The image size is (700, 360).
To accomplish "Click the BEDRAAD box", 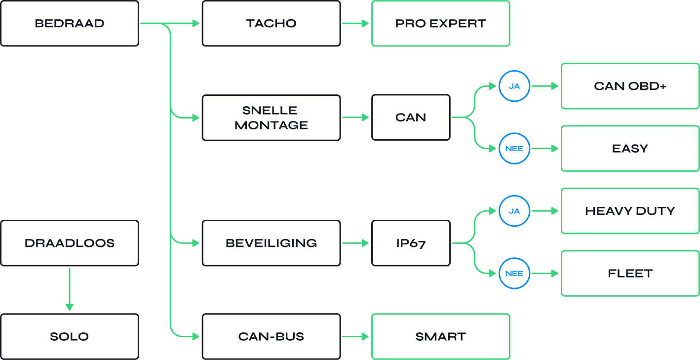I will coord(70,24).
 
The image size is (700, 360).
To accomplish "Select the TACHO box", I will coord(271,24).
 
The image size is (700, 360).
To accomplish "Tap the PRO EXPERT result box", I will coord(440,24).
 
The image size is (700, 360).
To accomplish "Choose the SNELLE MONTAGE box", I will coord(271,118).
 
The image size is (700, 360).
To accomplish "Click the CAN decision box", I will coord(411,118).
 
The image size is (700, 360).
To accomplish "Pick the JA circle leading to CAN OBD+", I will coord(514,86).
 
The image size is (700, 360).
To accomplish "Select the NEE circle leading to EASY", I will coord(514,148).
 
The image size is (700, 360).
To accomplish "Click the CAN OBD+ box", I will coord(630,86).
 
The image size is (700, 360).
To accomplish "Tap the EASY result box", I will coord(630,148).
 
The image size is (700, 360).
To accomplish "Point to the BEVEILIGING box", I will coord(271,243).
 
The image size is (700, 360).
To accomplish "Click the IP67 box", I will coord(411,243).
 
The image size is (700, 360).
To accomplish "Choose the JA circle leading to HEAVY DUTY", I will coord(514,211).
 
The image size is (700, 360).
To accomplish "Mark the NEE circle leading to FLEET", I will coord(514,273).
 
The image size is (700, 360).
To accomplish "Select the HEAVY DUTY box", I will coord(630,211).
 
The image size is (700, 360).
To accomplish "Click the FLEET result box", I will coord(630,273).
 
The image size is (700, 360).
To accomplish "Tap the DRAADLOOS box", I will coord(70,243).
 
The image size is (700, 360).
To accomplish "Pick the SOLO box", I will coord(70,336).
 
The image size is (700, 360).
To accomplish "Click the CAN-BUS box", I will coord(271,336).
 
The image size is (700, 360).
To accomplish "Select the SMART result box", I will coord(440,336).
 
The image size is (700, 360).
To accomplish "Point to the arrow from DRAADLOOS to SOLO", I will coord(70,289).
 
